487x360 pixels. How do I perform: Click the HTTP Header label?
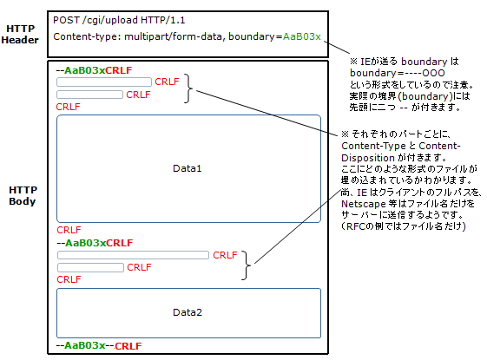pyautogui.click(x=20, y=34)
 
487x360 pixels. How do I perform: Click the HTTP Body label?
pyautogui.click(x=23, y=195)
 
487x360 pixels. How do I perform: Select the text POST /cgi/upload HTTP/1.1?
pyautogui.click(x=119, y=21)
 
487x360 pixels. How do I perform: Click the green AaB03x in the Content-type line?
pyautogui.click(x=301, y=36)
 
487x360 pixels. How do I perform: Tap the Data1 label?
pyautogui.click(x=187, y=168)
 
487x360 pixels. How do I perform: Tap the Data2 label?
pyautogui.click(x=188, y=312)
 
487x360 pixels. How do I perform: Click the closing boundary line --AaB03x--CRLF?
pyautogui.click(x=99, y=345)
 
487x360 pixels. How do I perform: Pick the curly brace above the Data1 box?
pyautogui.click(x=188, y=88)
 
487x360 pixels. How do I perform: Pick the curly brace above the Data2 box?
pyautogui.click(x=247, y=265)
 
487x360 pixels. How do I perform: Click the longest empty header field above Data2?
pyautogui.click(x=133, y=255)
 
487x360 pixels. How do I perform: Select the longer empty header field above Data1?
pyautogui.click(x=104, y=82)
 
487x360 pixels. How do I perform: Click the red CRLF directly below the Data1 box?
pyautogui.click(x=69, y=230)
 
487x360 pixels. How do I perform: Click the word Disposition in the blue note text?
pyautogui.click(x=368, y=158)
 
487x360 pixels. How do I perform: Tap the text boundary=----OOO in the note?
pyautogui.click(x=398, y=73)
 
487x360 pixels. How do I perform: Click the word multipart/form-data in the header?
pyautogui.click(x=174, y=36)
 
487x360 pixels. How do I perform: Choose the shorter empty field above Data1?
pyautogui.click(x=89, y=95)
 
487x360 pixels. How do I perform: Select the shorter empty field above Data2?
pyautogui.click(x=90, y=267)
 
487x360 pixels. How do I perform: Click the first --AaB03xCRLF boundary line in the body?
pyautogui.click(x=94, y=70)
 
